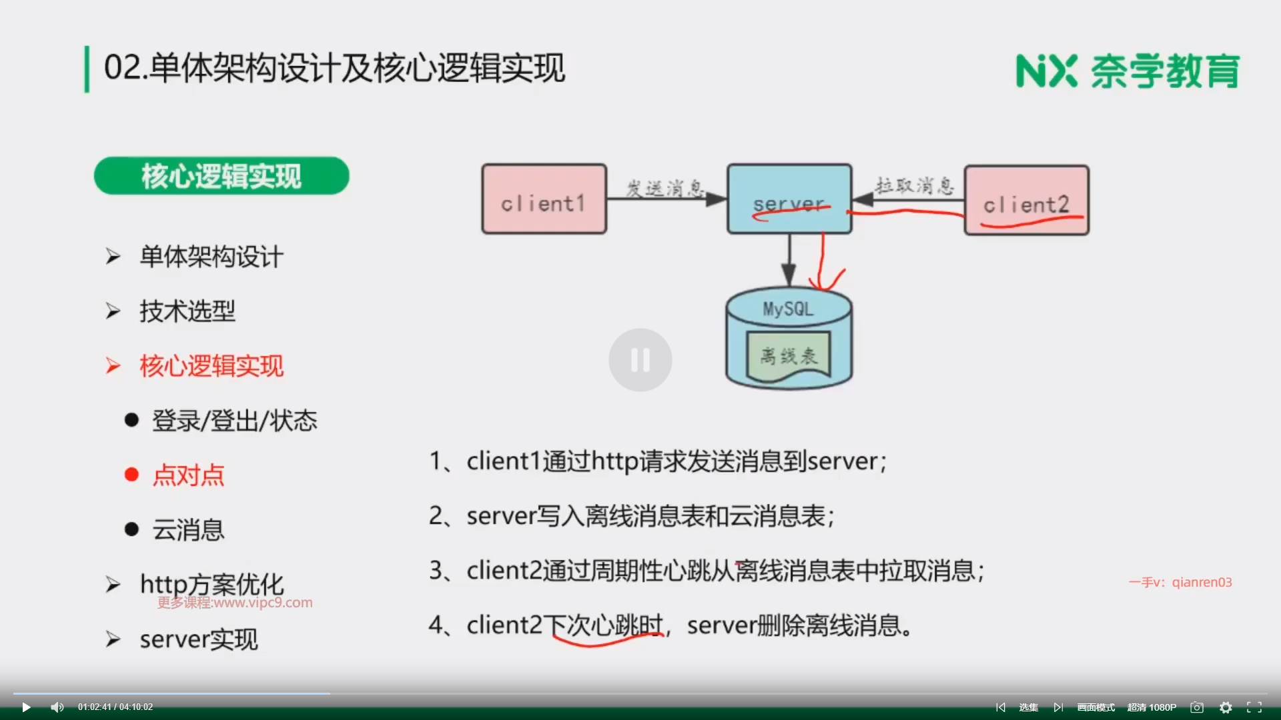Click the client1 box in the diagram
(x=544, y=199)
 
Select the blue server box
(x=789, y=199)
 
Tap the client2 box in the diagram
(x=1026, y=201)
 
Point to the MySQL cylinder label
(x=788, y=309)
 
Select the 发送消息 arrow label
(x=665, y=188)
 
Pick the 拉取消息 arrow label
(x=914, y=185)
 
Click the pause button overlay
(x=640, y=360)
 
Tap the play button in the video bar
(x=26, y=707)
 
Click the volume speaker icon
(x=57, y=707)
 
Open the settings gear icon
(x=1226, y=707)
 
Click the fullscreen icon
(x=1254, y=707)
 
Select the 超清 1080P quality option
(x=1152, y=707)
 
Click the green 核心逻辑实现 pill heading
(x=222, y=176)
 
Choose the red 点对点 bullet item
(x=188, y=475)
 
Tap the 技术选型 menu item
(x=187, y=311)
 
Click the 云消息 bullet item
(x=188, y=530)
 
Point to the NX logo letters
(x=1046, y=71)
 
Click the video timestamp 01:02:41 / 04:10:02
(x=115, y=707)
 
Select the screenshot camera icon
(x=1197, y=707)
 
